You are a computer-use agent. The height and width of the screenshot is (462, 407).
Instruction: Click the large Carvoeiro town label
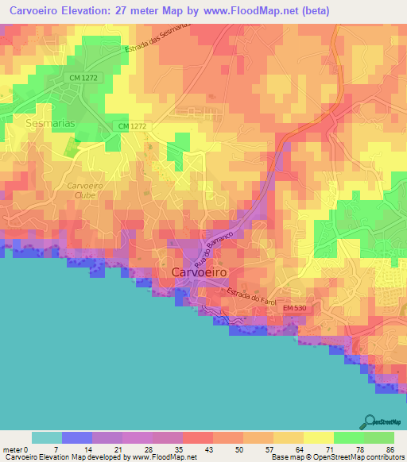point(200,271)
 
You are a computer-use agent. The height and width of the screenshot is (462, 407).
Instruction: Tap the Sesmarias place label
point(51,124)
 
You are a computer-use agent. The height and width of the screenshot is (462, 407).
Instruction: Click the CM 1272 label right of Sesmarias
point(133,127)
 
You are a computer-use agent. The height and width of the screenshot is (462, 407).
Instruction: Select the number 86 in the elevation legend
point(390,449)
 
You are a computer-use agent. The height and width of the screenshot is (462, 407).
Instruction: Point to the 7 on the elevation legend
point(56,449)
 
